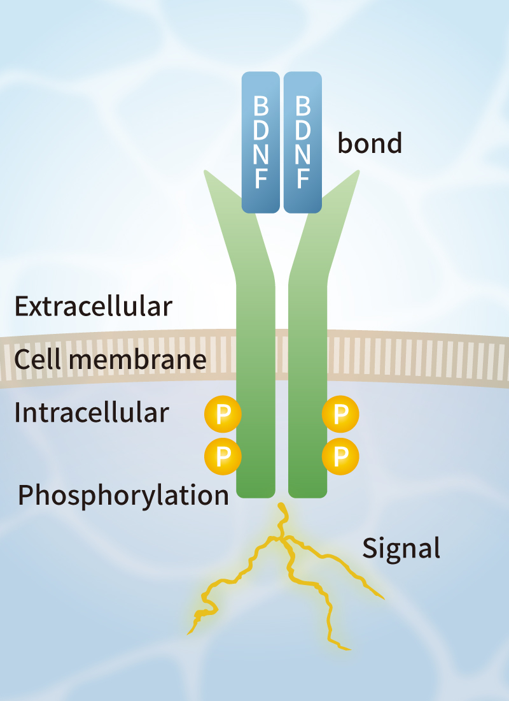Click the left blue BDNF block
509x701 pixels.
[260, 142]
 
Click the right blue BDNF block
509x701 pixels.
[303, 142]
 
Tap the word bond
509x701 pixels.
[370, 143]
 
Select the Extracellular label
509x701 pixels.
[94, 307]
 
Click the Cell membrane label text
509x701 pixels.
[110, 360]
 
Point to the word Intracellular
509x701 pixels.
[92, 413]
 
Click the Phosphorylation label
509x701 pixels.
[123, 495]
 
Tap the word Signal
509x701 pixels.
[401, 548]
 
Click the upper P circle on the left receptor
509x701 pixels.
[223, 415]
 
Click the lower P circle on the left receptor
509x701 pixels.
[223, 456]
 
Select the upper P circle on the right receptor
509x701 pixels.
[341, 415]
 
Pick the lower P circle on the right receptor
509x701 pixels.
[341, 456]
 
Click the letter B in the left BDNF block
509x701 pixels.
[260, 105]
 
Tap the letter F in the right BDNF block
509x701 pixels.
[303, 180]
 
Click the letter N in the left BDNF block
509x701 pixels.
[260, 155]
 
